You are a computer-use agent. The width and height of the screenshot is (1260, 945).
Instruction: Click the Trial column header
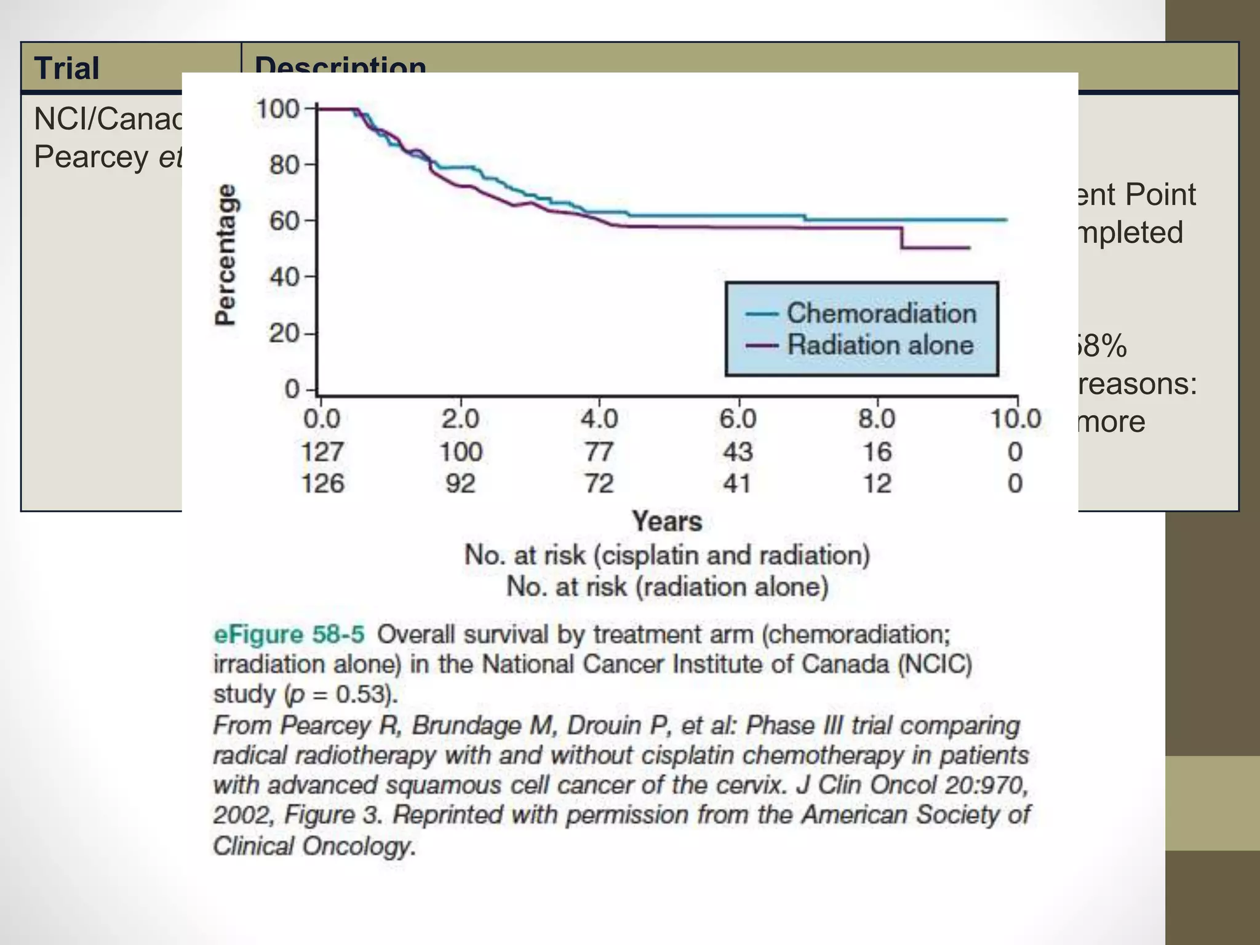click(x=66, y=68)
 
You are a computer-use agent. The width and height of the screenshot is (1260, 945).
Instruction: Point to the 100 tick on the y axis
click(x=277, y=110)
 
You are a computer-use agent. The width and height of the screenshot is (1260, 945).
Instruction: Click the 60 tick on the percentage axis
click(x=284, y=220)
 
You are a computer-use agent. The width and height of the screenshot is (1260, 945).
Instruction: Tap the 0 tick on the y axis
click(x=292, y=389)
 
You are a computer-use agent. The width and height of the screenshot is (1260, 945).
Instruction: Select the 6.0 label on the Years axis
click(x=738, y=420)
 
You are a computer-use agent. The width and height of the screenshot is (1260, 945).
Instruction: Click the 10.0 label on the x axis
click(x=1015, y=420)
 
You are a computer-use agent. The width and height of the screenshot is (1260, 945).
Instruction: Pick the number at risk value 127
click(x=322, y=452)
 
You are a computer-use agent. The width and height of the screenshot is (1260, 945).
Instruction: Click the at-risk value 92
click(x=460, y=484)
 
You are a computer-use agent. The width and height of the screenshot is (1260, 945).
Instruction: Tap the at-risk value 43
click(x=738, y=452)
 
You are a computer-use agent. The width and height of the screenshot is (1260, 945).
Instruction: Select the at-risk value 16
click(x=877, y=452)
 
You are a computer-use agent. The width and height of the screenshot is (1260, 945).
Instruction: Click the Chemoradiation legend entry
click(x=880, y=313)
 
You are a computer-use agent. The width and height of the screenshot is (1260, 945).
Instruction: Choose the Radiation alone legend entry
click(x=880, y=345)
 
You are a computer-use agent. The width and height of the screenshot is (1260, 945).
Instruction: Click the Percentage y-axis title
click(x=225, y=254)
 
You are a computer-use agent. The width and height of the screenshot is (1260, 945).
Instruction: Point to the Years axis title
click(x=667, y=522)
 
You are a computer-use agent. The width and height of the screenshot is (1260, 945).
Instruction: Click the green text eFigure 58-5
click(x=289, y=634)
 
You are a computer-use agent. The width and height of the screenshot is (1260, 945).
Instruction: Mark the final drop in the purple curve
click(x=902, y=237)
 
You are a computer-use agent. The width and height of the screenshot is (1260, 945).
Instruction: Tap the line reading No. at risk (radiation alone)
click(x=667, y=586)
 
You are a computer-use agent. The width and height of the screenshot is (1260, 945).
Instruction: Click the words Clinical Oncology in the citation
click(x=314, y=846)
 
